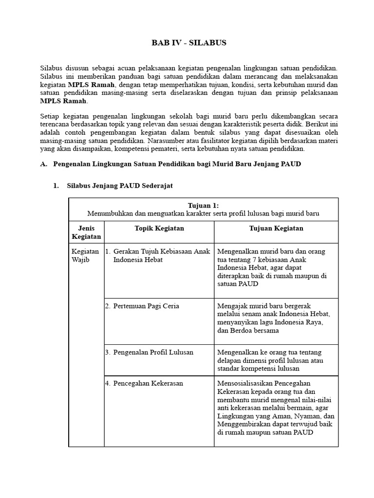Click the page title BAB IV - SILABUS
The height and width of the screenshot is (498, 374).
189,43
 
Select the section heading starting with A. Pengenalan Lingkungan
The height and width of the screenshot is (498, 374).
170,164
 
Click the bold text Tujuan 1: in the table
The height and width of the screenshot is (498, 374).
203,206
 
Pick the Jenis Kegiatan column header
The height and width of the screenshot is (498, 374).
86,232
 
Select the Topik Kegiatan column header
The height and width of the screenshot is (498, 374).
159,228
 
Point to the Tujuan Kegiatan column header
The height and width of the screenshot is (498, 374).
276,228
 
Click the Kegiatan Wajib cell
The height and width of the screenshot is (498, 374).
85,255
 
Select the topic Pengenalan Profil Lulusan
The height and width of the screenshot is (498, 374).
153,352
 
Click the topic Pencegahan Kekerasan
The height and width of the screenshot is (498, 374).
148,383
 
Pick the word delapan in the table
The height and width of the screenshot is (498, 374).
229,360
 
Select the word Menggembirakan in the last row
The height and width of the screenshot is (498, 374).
243,424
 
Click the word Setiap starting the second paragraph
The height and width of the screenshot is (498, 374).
50,117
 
